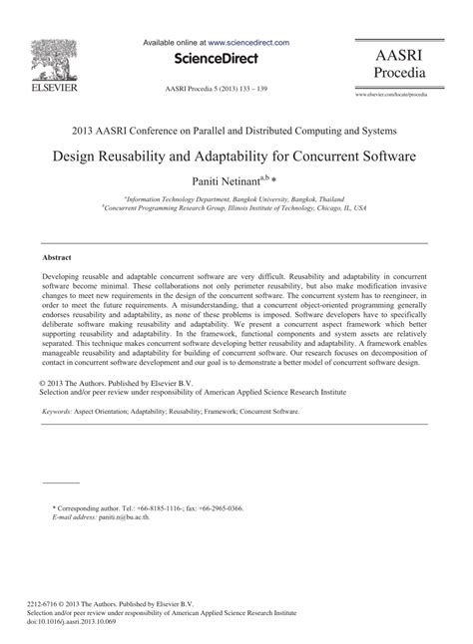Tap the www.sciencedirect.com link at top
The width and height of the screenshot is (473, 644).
248,43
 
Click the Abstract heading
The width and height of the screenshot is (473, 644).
55,256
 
